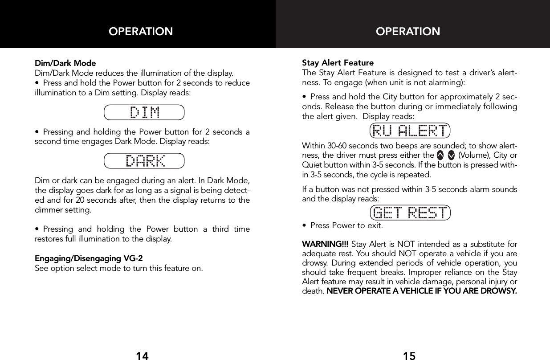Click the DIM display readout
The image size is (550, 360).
tap(144, 113)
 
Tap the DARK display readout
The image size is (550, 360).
tap(144, 160)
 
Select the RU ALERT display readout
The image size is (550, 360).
tap(410, 131)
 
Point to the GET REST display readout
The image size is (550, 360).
tap(410, 213)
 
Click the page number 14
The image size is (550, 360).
tap(142, 355)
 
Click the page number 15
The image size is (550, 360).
tap(409, 355)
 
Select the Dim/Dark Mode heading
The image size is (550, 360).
tap(65, 63)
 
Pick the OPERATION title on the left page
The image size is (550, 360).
tap(141, 32)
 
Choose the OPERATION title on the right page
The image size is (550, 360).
tap(408, 32)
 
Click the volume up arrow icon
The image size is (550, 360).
tap(440, 155)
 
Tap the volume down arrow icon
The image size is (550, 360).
tap(451, 155)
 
